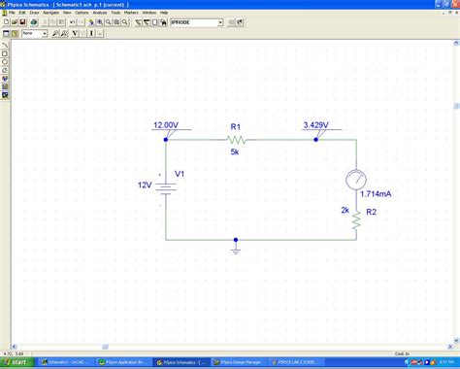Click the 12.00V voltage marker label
point(166,125)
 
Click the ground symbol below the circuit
point(236,249)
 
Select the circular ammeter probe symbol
point(356,180)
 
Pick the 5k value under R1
point(235,151)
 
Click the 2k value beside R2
point(345,210)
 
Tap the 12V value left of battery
point(144,184)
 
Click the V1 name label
point(180,175)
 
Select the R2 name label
point(371,211)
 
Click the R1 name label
point(235,126)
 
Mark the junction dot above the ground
point(236,240)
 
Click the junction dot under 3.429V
point(316,139)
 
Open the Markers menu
point(131,13)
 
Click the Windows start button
point(16,362)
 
